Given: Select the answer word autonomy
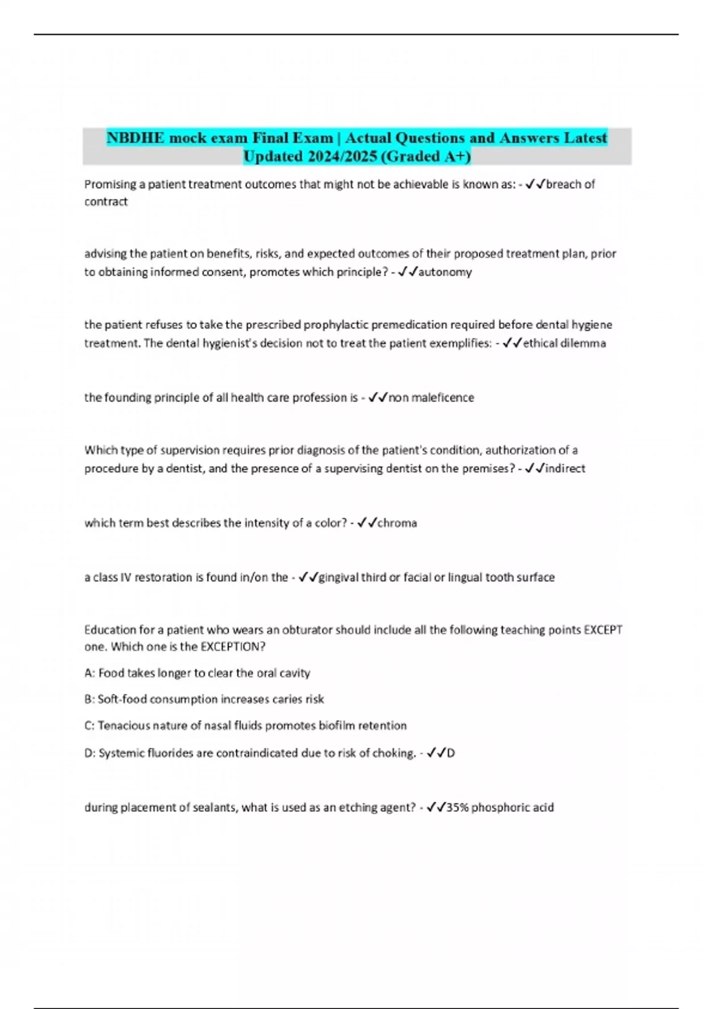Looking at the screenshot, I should click(x=445, y=272).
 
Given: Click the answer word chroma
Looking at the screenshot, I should click(x=397, y=523).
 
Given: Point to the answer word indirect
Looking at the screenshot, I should click(x=565, y=468).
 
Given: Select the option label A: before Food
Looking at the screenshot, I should click(x=90, y=673).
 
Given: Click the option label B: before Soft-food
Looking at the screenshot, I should click(x=90, y=699).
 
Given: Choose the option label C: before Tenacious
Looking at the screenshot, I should click(x=90, y=725).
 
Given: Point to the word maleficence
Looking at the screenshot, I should click(x=443, y=398).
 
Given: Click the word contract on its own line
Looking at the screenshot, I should click(x=106, y=202).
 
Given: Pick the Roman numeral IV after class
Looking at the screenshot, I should click(x=125, y=577).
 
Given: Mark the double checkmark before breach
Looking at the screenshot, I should click(x=535, y=184).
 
